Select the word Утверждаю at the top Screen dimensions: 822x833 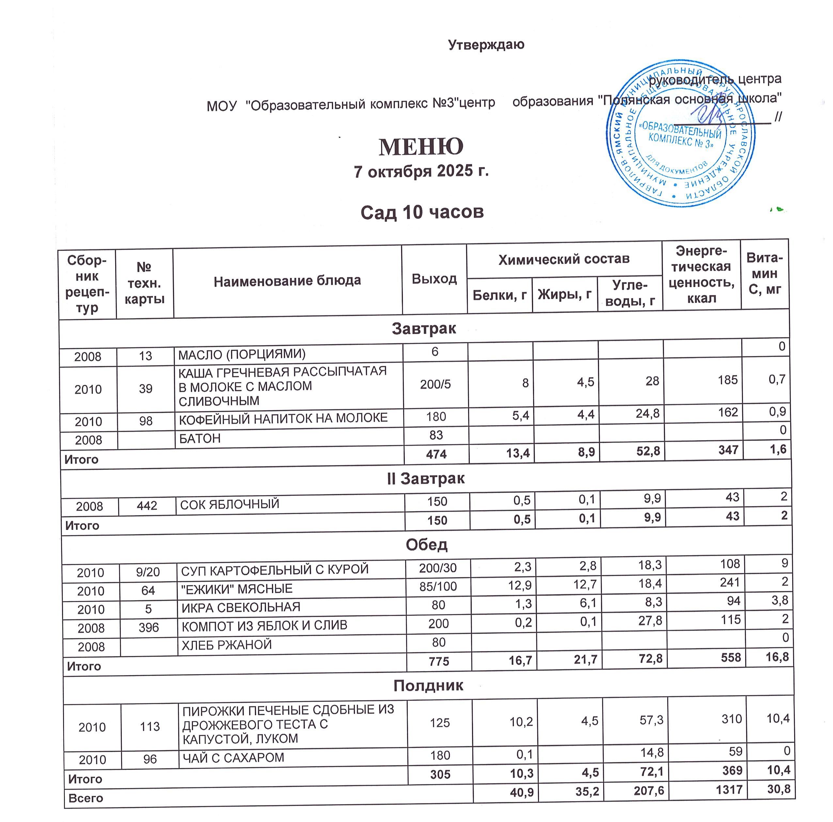click(486, 45)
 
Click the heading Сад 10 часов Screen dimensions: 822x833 click(422, 212)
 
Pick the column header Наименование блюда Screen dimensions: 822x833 click(287, 281)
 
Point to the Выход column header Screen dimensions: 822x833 click(434, 279)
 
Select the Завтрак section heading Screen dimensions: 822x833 click(423, 329)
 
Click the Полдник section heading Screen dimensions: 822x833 click(428, 685)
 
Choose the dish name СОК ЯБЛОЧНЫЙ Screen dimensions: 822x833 click(229, 504)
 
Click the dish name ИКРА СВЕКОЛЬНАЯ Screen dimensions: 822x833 click(241, 607)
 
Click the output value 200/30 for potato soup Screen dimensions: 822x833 click(438, 568)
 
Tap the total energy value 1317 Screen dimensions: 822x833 click(729, 789)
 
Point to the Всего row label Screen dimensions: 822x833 click(86, 798)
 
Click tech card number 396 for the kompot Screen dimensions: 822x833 click(149, 628)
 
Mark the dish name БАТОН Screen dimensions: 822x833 click(200, 438)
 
